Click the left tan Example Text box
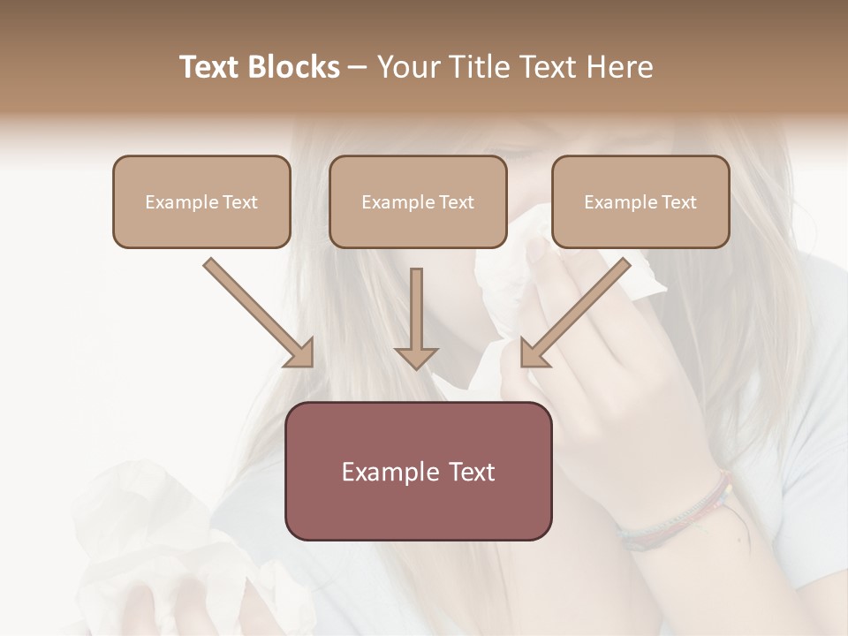(201, 201)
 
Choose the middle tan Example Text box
(418, 201)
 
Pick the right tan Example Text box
(640, 201)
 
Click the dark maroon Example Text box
(419, 471)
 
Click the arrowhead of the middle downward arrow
(416, 356)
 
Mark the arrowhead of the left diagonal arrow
(299, 353)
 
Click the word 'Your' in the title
(407, 67)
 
